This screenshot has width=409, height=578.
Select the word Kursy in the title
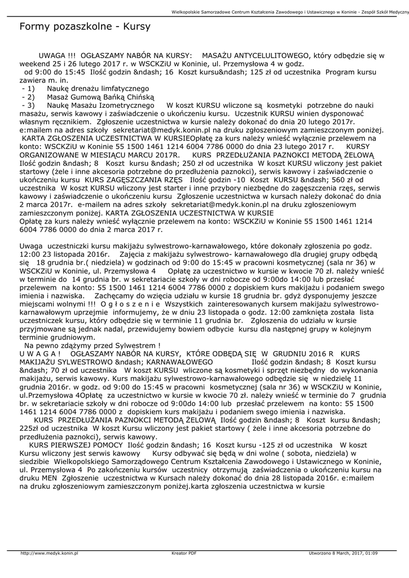click(x=136, y=27)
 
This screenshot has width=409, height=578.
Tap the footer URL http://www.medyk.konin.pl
click(x=49, y=553)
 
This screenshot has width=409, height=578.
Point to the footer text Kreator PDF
click(x=184, y=553)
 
